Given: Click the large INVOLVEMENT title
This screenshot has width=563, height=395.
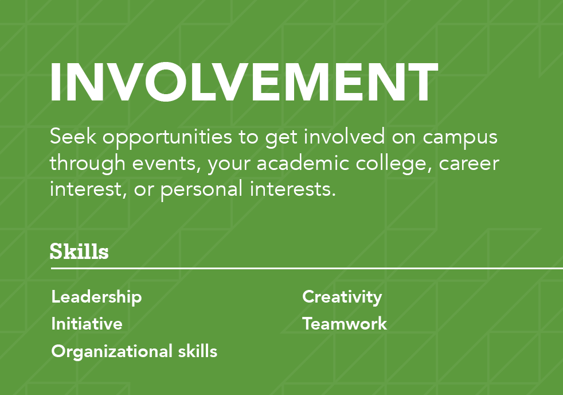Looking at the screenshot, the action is [x=244, y=82].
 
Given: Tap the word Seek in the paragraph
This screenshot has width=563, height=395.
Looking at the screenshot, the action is [x=73, y=136].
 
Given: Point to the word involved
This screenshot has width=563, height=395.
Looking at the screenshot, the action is [x=345, y=136].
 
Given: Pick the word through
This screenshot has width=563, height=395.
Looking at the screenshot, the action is [x=87, y=164].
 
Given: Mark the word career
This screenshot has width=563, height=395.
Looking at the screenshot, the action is [x=469, y=164].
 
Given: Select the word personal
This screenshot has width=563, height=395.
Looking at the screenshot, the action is [x=201, y=190].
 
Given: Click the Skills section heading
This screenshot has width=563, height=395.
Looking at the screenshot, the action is [x=79, y=251].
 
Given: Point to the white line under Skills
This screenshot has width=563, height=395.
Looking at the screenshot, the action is [x=307, y=268].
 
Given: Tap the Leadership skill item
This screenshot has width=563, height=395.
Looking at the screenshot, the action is [x=96, y=297].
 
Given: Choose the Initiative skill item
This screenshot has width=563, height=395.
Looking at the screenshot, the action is [x=87, y=323].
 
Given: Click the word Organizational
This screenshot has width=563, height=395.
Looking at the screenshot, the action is [x=112, y=351].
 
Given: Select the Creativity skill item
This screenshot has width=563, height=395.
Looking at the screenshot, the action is [x=342, y=297].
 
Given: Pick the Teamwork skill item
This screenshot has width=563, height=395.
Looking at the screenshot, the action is [x=345, y=323].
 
